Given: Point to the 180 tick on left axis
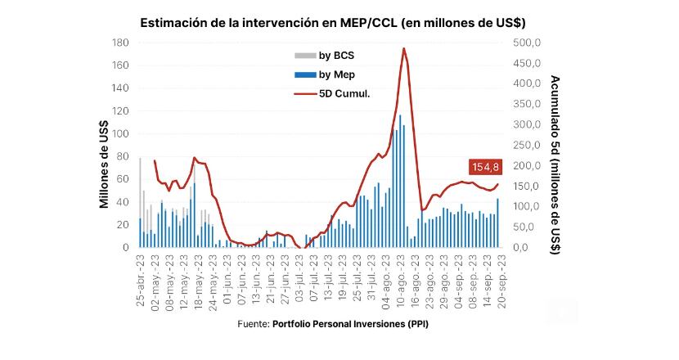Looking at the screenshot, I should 121,43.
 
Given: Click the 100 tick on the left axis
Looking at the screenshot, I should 121,133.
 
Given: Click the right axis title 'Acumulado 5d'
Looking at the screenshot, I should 555,164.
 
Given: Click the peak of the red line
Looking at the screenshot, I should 404,49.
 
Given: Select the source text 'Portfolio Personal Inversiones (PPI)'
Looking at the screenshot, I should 350,324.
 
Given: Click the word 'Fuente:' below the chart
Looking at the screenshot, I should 253,324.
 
